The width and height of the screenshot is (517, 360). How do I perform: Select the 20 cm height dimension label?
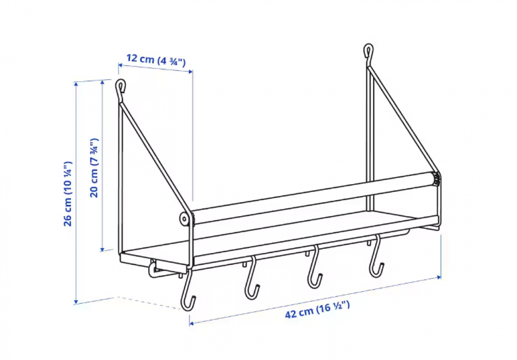[94, 168]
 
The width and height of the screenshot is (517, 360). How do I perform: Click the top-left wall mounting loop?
[120, 86]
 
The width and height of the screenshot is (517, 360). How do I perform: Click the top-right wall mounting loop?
[368, 51]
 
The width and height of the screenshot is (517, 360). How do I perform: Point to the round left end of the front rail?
[185, 219]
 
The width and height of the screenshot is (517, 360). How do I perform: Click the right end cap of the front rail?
[436, 179]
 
